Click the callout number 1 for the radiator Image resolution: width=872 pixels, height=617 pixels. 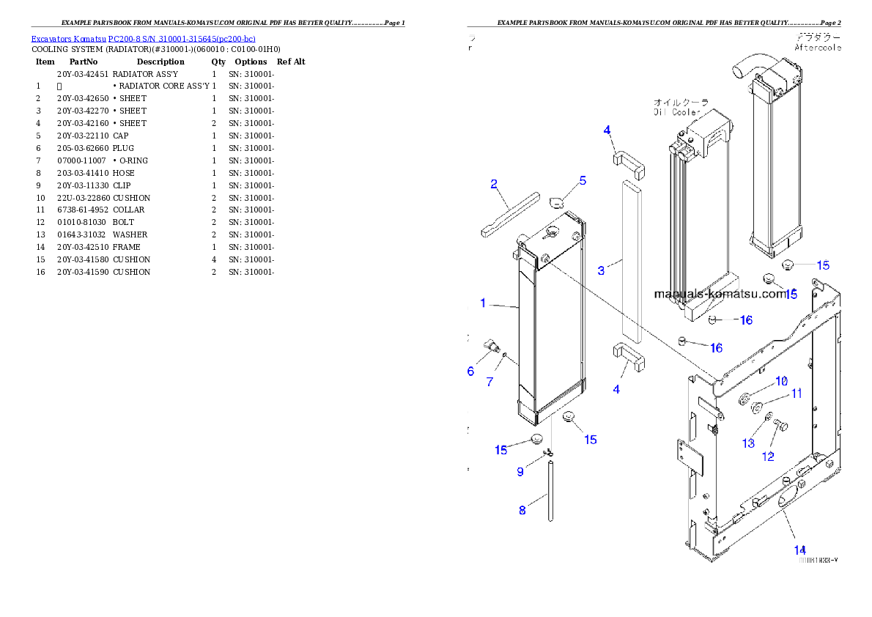point(483,303)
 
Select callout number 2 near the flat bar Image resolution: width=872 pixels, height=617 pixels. point(495,183)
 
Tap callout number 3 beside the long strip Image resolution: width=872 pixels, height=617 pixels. point(601,270)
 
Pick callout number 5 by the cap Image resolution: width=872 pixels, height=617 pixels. point(583,180)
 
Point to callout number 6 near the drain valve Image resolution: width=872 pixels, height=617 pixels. point(470,372)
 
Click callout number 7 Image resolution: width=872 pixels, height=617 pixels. point(489,382)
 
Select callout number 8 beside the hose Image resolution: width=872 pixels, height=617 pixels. point(522,510)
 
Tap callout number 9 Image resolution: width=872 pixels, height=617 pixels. point(520,472)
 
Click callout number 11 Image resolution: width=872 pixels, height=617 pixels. point(797,394)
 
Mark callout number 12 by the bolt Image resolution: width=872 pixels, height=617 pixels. point(768,456)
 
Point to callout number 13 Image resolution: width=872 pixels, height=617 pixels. point(748,443)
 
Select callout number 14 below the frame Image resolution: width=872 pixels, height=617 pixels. point(799,550)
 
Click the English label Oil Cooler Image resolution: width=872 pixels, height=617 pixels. point(677,113)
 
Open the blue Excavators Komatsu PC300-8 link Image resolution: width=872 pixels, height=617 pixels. point(143,38)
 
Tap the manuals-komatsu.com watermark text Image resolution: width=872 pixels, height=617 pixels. point(720,295)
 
